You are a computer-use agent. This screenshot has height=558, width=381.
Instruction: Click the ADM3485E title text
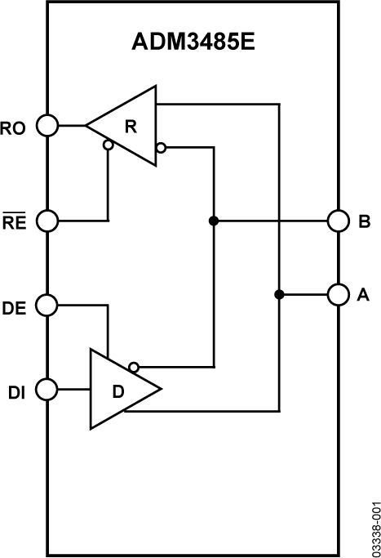(193, 43)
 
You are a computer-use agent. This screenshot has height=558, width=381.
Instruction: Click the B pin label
(364, 221)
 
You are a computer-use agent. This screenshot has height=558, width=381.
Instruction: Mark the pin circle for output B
(338, 221)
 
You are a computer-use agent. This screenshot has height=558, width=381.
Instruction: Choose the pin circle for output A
(338, 294)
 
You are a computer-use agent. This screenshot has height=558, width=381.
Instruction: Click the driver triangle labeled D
(118, 390)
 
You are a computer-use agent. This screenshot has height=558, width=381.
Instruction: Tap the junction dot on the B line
(213, 221)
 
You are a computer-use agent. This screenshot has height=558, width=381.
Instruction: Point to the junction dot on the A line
(279, 294)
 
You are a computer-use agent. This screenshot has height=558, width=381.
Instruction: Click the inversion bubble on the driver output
(134, 367)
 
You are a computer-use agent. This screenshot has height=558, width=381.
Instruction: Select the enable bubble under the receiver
(108, 146)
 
